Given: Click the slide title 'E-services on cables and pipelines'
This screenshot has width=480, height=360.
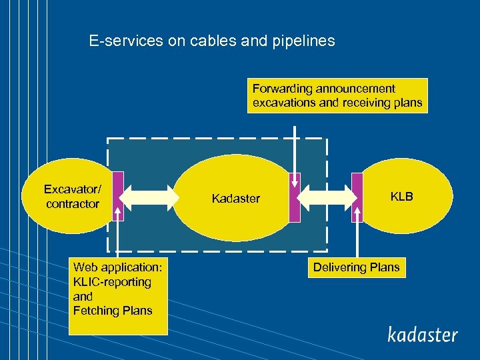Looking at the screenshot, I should [x=212, y=41].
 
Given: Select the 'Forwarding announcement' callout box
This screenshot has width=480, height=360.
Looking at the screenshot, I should [x=337, y=96].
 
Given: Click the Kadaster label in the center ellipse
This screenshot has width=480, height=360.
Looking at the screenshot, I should [x=235, y=199].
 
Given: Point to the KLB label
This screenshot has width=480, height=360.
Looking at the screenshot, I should [x=401, y=197].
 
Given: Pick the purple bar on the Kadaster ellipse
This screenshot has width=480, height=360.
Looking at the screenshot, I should [x=295, y=197].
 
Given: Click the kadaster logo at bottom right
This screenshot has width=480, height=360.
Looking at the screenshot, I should [x=423, y=334].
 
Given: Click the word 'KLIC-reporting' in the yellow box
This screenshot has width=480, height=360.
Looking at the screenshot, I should [x=112, y=282].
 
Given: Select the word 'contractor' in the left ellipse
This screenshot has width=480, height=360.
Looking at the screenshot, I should [x=72, y=204].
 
